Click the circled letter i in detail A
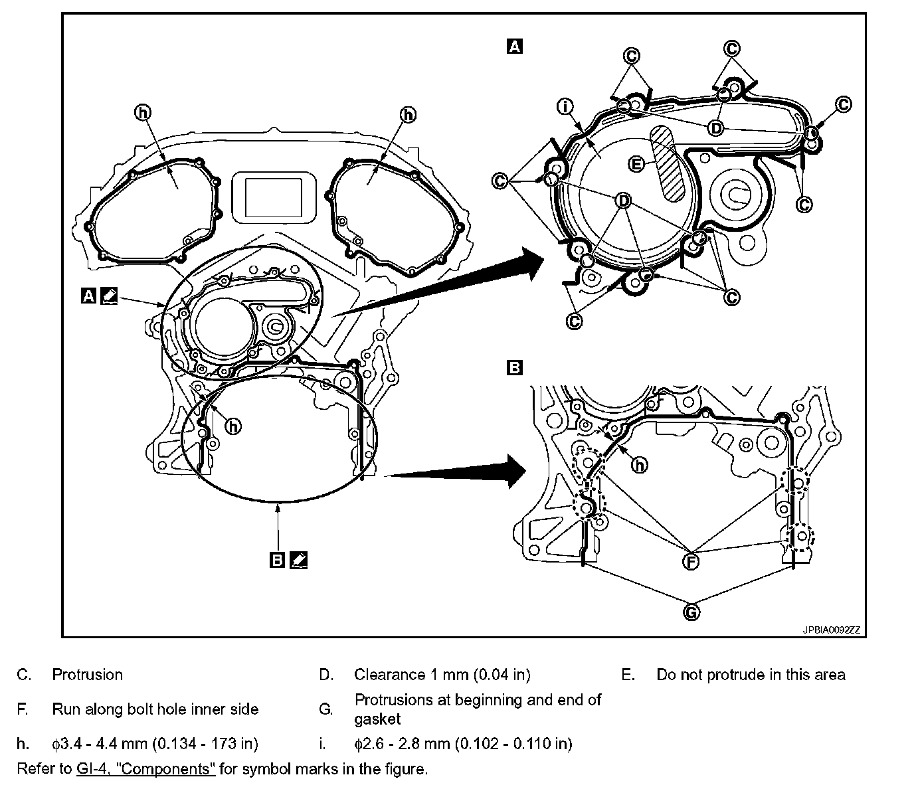tap(566, 106)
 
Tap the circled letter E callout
tap(636, 163)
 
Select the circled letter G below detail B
tap(691, 612)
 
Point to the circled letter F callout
tap(691, 561)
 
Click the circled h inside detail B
tap(639, 465)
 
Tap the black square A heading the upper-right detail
tap(514, 46)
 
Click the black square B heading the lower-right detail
tap(514, 367)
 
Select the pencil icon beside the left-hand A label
tap(110, 296)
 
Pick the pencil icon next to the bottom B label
tap(299, 561)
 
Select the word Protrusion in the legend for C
tap(88, 675)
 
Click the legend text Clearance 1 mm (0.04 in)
tap(442, 675)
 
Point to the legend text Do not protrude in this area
tap(751, 675)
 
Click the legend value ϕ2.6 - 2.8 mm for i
tap(463, 743)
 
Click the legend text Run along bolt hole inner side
tap(155, 709)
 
